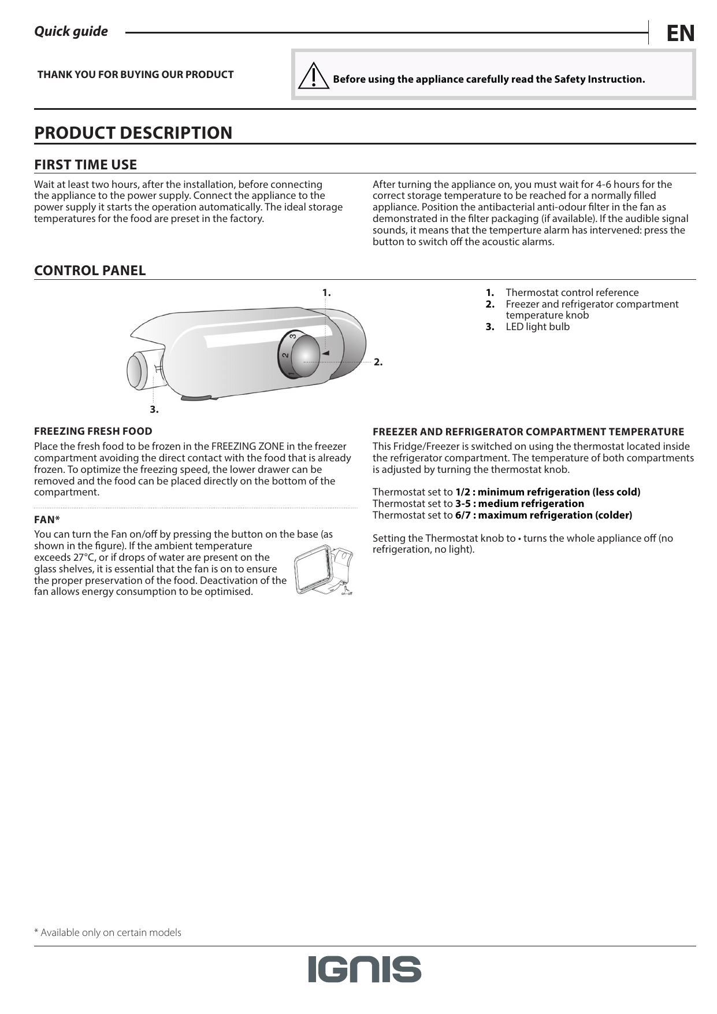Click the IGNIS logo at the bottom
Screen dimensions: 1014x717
pos(365,969)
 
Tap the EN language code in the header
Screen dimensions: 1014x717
pos(680,34)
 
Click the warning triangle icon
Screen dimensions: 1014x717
pos(313,76)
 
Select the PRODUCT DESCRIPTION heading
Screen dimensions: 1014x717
pos(133,132)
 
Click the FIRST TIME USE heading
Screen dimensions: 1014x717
pos(86,165)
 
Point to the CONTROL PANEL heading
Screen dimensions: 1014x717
pos(90,271)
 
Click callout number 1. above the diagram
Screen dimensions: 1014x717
pos(326,293)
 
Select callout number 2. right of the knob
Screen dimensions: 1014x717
pos(378,362)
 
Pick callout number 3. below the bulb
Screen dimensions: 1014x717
pos(154,409)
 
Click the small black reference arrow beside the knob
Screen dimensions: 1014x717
pos(325,353)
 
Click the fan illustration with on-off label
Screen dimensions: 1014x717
pos(324,571)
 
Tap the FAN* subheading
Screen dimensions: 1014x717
pos(47,519)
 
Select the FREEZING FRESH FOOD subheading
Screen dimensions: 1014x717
pos(93,431)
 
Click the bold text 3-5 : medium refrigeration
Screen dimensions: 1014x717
pos(519,504)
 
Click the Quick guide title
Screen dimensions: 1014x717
pos(71,31)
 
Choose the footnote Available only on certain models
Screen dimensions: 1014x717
pos(107,932)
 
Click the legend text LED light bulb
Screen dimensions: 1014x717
pos(537,327)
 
